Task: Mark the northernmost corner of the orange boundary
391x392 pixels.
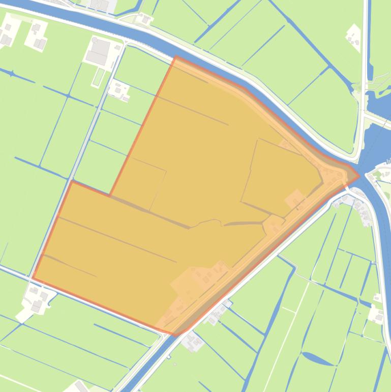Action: coord(176,57)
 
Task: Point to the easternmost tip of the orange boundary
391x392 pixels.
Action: coord(359,176)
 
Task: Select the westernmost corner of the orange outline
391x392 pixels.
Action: coord(33,278)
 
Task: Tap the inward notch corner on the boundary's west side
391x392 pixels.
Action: coord(110,195)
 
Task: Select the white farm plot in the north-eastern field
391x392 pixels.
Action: coord(353,36)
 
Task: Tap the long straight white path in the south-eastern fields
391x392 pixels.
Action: coord(292,316)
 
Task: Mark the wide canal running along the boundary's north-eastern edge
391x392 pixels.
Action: coord(285,102)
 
